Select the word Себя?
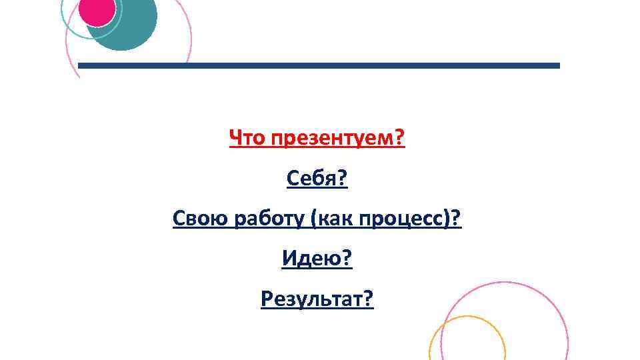tap(317, 179)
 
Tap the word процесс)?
tap(411, 219)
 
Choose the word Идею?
tap(317, 259)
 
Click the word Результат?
tap(317, 299)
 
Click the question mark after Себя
tap(343, 179)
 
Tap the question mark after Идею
tap(346, 259)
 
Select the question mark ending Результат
tap(369, 299)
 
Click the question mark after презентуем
tap(400, 139)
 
